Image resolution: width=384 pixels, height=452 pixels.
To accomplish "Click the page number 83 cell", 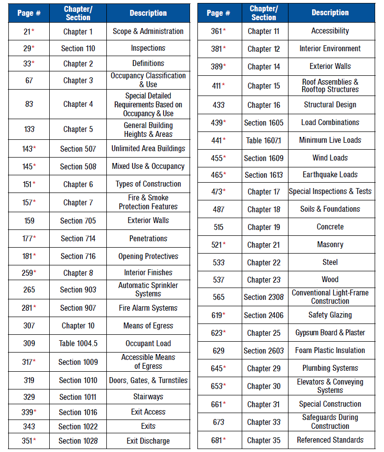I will [x=29, y=104].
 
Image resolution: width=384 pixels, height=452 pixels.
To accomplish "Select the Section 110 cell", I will [x=78, y=48].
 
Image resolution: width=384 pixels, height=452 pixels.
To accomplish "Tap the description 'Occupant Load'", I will [x=148, y=343].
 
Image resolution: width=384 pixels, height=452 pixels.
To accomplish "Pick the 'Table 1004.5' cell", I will [x=78, y=343].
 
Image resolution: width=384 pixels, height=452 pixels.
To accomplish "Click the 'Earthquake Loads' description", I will [x=330, y=175].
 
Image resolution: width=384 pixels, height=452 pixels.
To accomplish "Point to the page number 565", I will [x=219, y=297].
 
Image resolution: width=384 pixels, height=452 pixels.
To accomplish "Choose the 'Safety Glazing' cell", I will [x=330, y=315].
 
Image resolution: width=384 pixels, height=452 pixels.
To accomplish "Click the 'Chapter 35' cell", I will [x=263, y=440].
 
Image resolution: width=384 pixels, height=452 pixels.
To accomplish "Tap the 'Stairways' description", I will [x=148, y=397].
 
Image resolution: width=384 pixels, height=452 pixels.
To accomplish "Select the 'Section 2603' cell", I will [x=263, y=351].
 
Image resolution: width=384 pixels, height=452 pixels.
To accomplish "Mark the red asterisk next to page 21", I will [x=33, y=31].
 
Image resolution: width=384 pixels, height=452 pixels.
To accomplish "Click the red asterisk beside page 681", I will [x=224, y=440].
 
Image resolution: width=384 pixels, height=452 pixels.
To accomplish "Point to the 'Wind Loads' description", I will [x=330, y=158].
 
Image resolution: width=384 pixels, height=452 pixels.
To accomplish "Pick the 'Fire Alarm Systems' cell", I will [x=148, y=308].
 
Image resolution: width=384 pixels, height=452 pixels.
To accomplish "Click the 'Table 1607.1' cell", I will [x=263, y=140].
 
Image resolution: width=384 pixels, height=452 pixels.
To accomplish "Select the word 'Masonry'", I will [x=330, y=245].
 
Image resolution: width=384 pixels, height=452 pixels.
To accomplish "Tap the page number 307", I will [x=29, y=325].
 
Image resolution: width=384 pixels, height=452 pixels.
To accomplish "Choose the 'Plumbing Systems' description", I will [x=330, y=368].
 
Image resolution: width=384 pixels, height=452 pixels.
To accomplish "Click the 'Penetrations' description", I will [x=148, y=238].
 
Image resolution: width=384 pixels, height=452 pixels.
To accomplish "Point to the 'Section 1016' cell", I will [x=78, y=412].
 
